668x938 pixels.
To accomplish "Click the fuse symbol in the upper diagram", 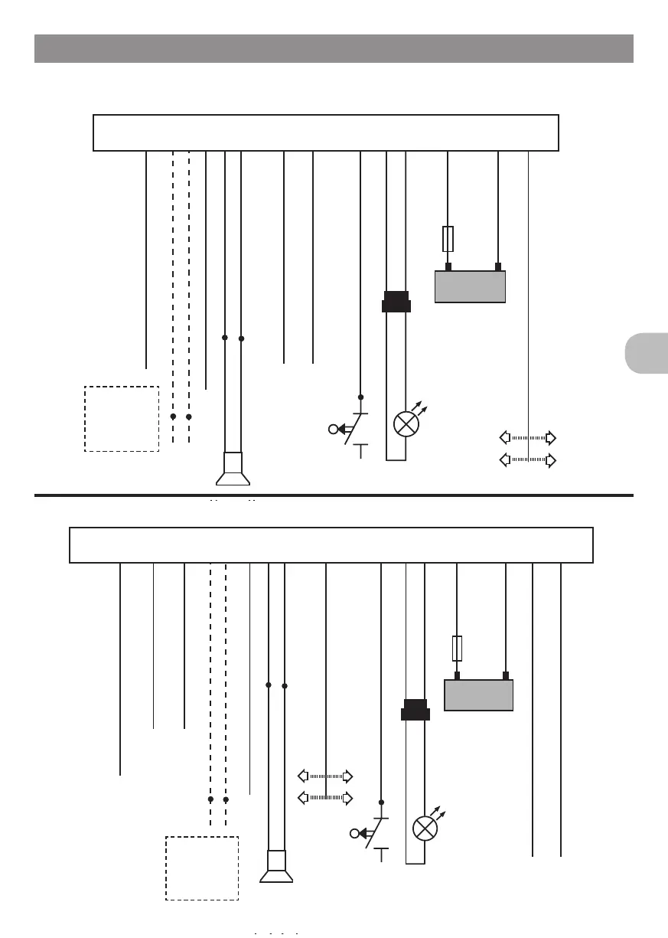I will (x=448, y=239).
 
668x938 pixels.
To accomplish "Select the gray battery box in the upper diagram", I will (x=470, y=286).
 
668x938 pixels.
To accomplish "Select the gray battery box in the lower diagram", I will (x=479, y=695).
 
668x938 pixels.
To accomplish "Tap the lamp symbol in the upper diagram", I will (x=405, y=423).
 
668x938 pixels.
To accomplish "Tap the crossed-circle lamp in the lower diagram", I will (x=425, y=829).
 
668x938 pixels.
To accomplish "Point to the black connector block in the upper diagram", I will (x=396, y=302).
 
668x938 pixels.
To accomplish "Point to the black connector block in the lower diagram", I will (x=415, y=710).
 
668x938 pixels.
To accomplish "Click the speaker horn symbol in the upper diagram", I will (x=233, y=469).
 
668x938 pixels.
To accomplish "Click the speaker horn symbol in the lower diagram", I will (x=276, y=868).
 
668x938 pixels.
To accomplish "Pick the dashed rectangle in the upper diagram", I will (x=122, y=419).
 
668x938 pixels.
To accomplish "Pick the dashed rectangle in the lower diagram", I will (x=202, y=868).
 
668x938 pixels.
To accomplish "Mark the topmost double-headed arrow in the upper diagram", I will (x=527, y=438).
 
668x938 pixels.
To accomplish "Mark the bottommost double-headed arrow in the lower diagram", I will (x=325, y=798).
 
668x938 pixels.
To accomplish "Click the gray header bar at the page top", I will (x=334, y=48).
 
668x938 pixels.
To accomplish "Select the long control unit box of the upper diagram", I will (x=326, y=133).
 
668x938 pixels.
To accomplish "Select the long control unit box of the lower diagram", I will (x=331, y=545).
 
